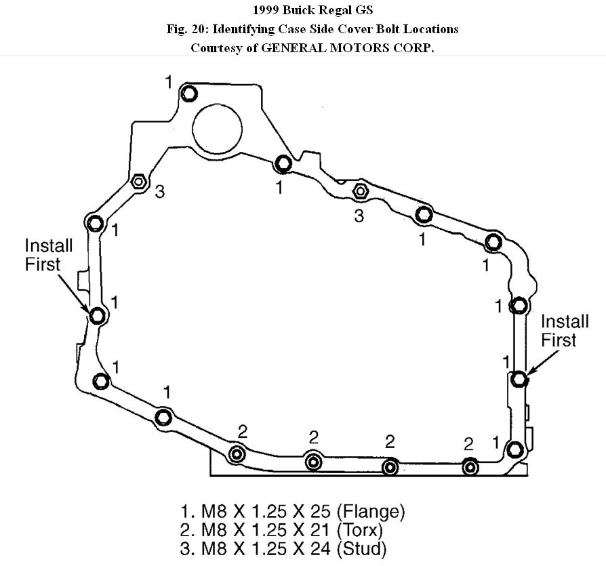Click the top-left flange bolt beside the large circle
coord(189,93)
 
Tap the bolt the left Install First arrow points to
coord(98,315)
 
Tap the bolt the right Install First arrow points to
coord(519,378)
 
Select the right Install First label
coord(558,330)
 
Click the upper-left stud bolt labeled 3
coord(138,182)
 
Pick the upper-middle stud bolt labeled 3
coord(360,193)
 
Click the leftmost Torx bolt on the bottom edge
coord(237,454)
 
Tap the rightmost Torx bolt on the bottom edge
coord(470,466)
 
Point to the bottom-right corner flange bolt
coord(515,449)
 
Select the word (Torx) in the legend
coord(359,529)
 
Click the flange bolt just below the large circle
coord(283,163)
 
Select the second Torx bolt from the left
coord(313,462)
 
